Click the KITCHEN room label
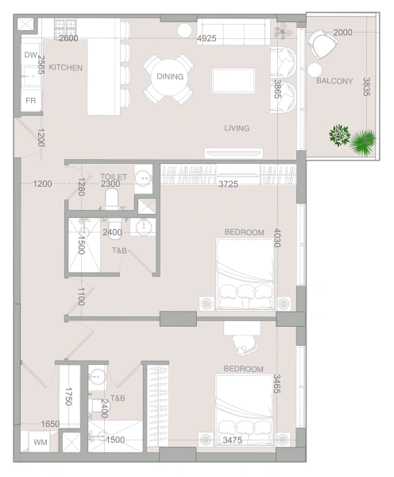(66, 68)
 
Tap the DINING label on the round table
(170, 76)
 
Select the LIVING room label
(237, 128)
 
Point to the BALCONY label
(334, 81)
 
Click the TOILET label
(114, 176)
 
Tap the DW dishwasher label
(31, 55)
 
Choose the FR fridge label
(31, 100)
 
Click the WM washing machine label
(41, 442)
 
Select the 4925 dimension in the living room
(207, 38)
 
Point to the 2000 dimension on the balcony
(342, 33)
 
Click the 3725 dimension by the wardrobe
(228, 184)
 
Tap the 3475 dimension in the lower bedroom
(233, 440)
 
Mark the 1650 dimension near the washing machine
(50, 424)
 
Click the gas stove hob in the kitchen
(65, 28)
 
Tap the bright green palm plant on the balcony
(363, 142)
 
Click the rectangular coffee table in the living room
(234, 80)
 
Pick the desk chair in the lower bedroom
(245, 345)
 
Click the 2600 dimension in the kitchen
(68, 38)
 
